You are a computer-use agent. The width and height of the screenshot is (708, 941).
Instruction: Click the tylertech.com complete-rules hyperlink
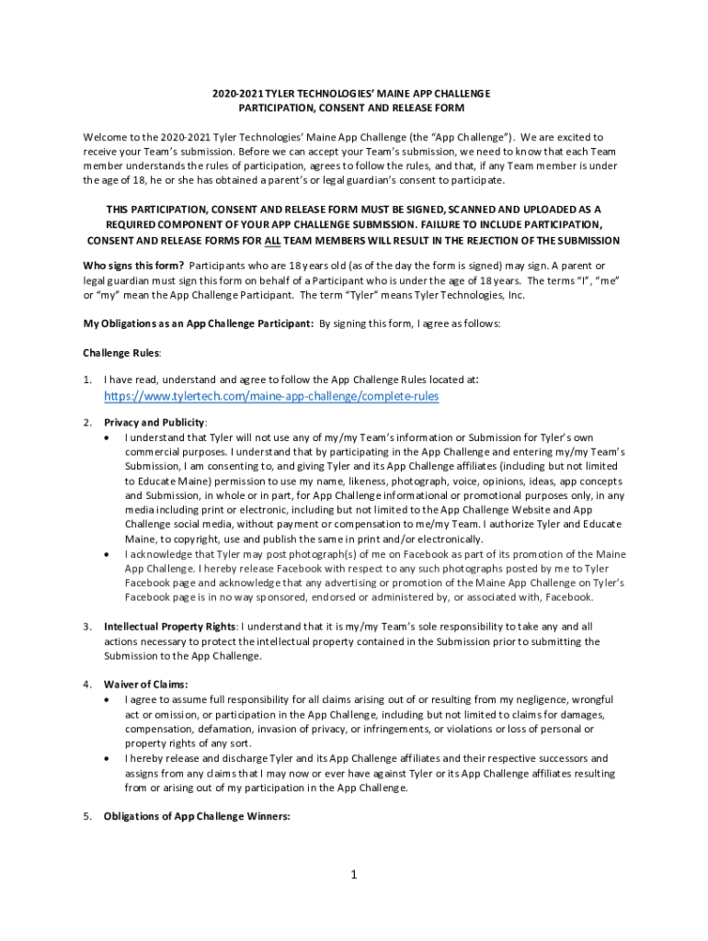click(x=271, y=396)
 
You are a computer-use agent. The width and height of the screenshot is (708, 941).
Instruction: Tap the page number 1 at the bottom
click(x=353, y=874)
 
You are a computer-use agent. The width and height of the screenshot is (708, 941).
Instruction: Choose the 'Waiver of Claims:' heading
click(x=146, y=685)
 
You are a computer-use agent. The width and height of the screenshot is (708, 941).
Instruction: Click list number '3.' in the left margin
click(x=87, y=627)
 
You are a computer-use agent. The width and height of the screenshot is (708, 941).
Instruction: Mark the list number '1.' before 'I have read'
click(x=87, y=379)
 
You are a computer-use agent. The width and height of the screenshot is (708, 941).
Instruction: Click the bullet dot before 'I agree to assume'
click(x=111, y=700)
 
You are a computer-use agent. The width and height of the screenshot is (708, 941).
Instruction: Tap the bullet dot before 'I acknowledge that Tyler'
click(x=111, y=554)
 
